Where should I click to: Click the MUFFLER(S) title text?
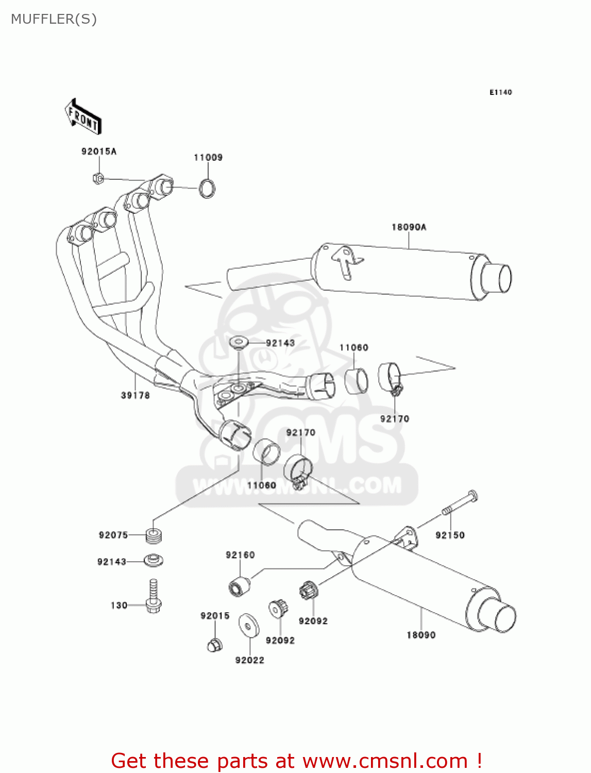click(x=54, y=19)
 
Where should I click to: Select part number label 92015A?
click(x=99, y=152)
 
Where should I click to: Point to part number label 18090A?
click(x=409, y=227)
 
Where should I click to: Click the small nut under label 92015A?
click(x=98, y=178)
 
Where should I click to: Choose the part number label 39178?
click(x=135, y=395)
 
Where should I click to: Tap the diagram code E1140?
click(x=500, y=92)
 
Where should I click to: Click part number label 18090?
click(x=421, y=635)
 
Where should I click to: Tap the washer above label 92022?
click(x=249, y=625)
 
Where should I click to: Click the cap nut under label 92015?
click(x=215, y=644)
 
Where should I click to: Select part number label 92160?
click(x=240, y=555)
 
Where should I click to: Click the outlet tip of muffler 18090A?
click(x=497, y=278)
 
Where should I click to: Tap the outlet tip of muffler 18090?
click(x=499, y=616)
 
